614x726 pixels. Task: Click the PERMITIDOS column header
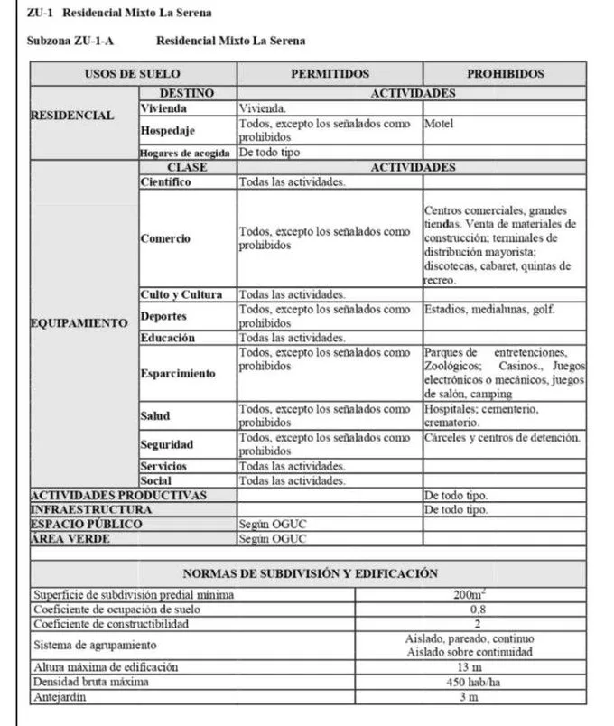[x=330, y=73]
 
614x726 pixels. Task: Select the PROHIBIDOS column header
[x=505, y=73]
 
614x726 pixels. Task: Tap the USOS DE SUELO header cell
[x=133, y=73]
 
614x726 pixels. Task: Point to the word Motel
[x=439, y=124]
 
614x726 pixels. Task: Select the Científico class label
[x=166, y=181]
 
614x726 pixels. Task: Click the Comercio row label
[x=166, y=238]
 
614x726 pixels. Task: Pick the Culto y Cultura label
[x=181, y=294]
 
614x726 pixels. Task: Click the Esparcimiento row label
[x=178, y=373]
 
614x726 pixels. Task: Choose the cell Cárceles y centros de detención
[x=502, y=438]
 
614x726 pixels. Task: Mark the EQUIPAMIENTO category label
[x=79, y=323]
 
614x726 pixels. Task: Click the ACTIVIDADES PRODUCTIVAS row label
[x=119, y=495]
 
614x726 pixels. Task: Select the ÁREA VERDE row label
[x=70, y=538]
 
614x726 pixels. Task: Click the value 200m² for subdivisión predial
[x=470, y=595]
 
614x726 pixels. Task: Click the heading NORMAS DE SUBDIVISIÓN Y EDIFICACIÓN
[x=310, y=573]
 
